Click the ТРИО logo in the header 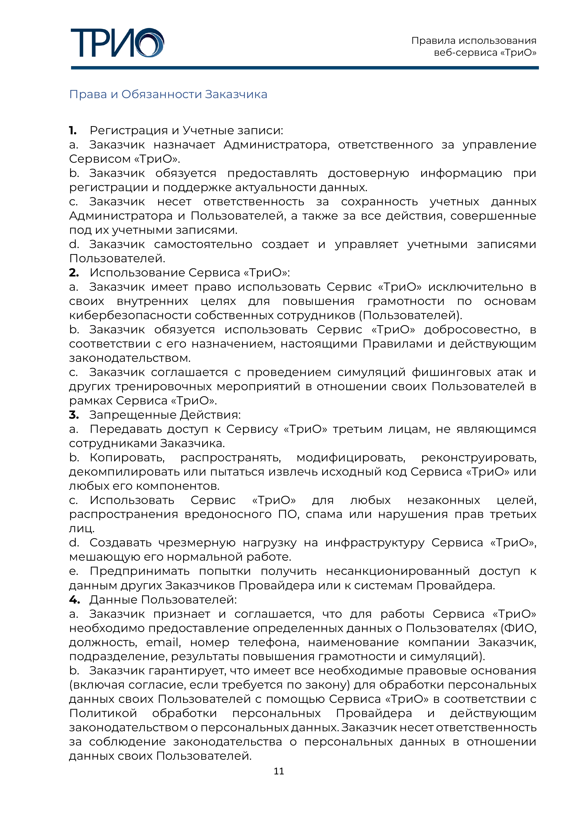click(117, 43)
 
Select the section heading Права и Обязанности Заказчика click(168, 94)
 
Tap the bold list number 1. click(73, 131)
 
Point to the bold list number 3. click(74, 415)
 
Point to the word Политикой click(103, 713)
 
